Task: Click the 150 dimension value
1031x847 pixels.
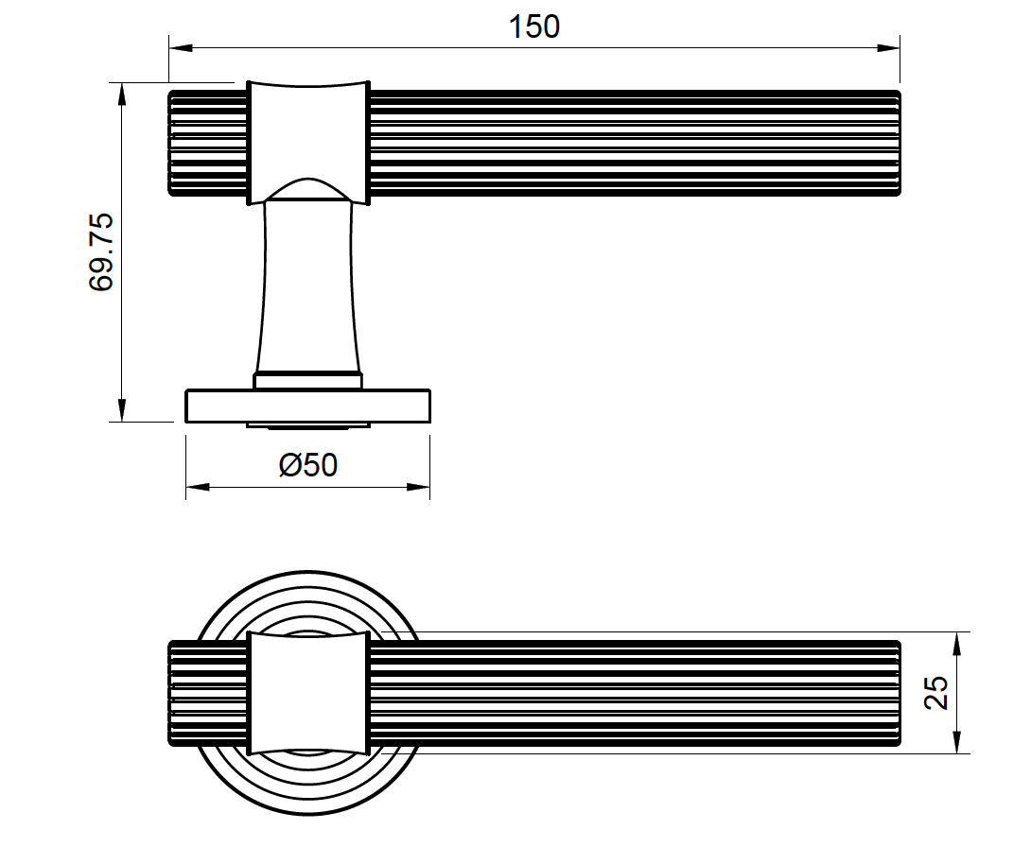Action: (x=534, y=26)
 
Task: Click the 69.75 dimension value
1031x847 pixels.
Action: (x=101, y=251)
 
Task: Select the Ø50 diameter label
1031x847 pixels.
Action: (x=308, y=465)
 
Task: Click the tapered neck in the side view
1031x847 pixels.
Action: (x=308, y=284)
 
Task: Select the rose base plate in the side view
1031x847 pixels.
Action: (x=308, y=406)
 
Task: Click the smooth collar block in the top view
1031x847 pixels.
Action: (x=308, y=692)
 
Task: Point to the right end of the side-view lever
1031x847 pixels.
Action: (x=893, y=143)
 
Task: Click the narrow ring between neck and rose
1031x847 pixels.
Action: (x=308, y=380)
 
